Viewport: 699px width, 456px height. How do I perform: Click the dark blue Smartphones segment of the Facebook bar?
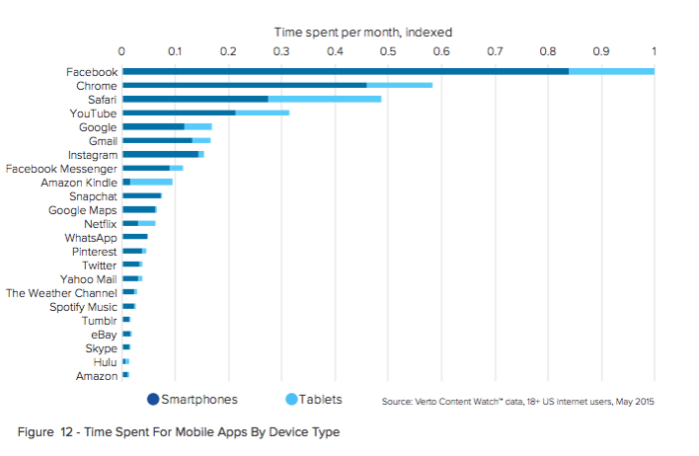(x=345, y=71)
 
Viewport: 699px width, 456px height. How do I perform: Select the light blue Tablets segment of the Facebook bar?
(x=611, y=71)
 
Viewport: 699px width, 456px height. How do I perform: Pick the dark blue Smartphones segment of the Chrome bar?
(x=244, y=85)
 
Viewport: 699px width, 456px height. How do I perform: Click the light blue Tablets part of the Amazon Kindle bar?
(x=151, y=182)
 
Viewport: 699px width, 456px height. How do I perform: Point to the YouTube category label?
(x=93, y=113)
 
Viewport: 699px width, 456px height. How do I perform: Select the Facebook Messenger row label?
(x=62, y=169)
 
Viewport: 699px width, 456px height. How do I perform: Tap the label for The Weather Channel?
(x=62, y=293)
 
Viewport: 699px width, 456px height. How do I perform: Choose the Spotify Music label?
(x=83, y=307)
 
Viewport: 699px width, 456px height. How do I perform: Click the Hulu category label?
(x=105, y=361)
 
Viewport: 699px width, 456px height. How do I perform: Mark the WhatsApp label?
(x=91, y=238)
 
